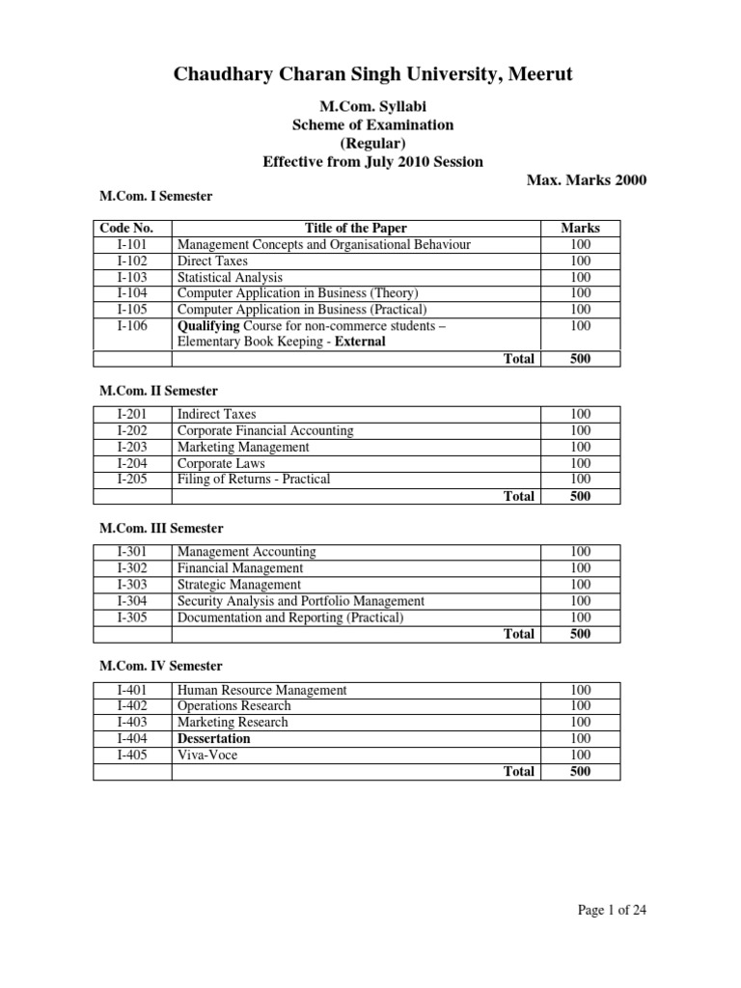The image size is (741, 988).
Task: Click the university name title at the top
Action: point(372,74)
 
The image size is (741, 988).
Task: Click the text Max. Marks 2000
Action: point(587,179)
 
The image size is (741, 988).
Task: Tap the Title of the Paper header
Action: point(355,229)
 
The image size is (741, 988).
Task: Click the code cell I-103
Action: point(132,277)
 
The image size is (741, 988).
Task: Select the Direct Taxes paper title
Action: point(212,261)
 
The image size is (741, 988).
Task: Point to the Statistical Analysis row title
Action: point(230,277)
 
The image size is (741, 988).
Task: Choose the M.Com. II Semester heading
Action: point(160,391)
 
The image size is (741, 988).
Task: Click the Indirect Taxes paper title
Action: point(217,414)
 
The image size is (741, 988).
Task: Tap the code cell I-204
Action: point(132,463)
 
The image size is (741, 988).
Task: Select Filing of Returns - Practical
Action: point(254,480)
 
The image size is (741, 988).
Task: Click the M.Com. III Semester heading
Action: point(162,529)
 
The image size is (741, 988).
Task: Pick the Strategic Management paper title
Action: point(239,585)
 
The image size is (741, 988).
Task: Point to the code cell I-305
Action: point(132,617)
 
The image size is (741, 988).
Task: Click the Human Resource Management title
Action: point(261,690)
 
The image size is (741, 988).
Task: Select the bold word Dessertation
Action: point(213,739)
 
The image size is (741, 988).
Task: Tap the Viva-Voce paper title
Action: point(206,755)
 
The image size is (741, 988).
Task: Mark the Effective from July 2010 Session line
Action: point(372,161)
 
